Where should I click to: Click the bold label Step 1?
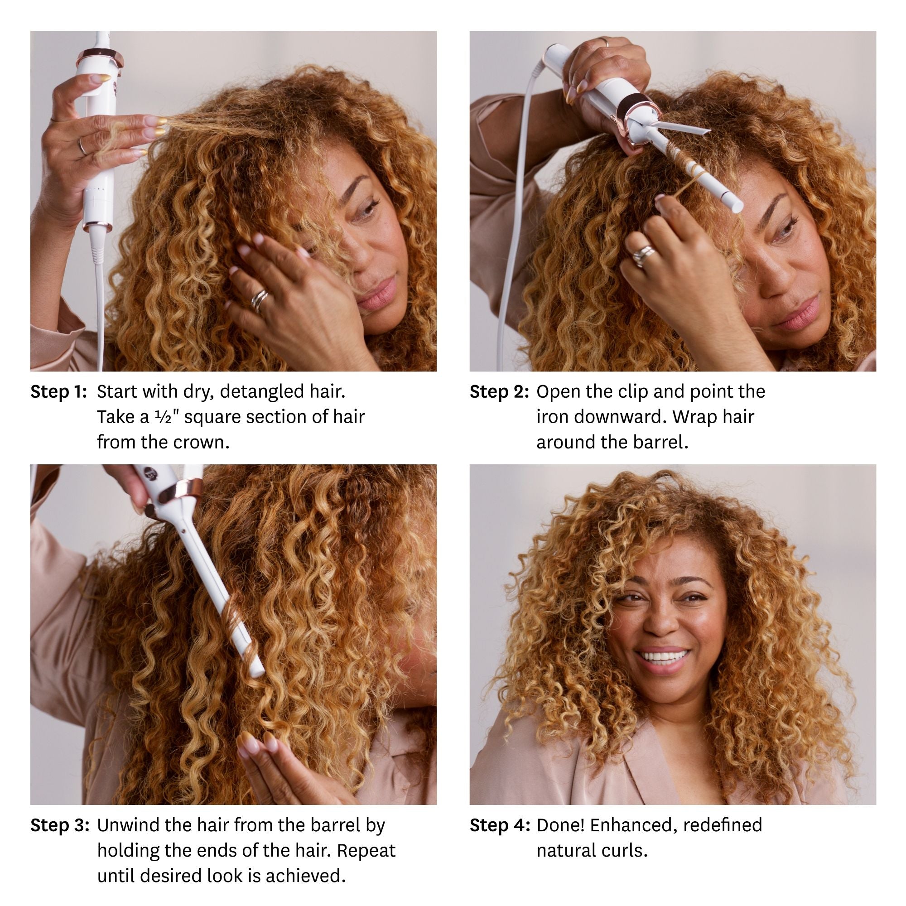(x=58, y=391)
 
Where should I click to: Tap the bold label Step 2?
(x=499, y=391)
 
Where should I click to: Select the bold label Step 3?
(x=59, y=825)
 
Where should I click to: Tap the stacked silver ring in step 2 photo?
(x=642, y=256)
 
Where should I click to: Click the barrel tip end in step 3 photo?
(x=257, y=674)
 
